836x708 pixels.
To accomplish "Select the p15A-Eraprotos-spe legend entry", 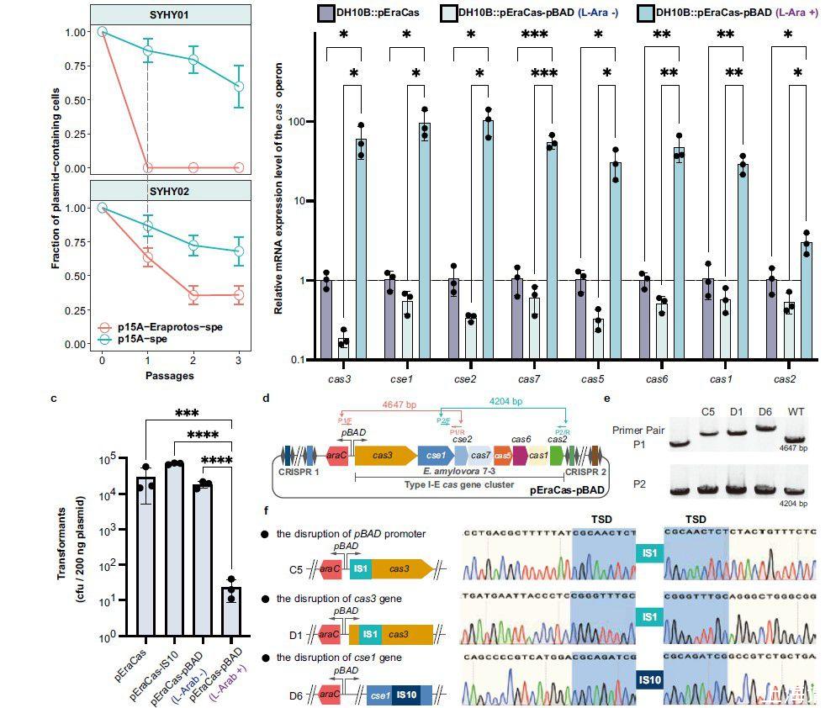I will [172, 326].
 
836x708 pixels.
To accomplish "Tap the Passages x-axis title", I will [170, 376].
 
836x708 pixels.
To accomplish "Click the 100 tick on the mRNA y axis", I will [296, 122].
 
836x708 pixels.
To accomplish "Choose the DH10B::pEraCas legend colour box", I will [327, 13].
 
